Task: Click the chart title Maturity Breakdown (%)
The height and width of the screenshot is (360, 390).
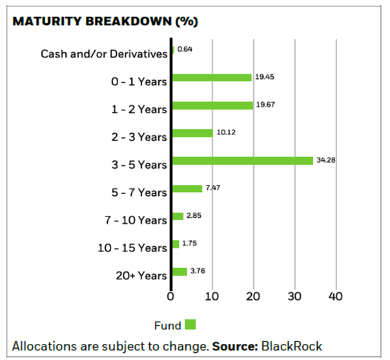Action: (105, 21)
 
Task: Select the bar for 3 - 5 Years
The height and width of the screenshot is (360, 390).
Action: (243, 160)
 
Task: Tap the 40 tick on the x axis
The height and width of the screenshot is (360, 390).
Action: (336, 296)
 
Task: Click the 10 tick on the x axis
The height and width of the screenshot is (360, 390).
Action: (212, 296)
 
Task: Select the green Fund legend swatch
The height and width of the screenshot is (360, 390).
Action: (190, 324)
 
